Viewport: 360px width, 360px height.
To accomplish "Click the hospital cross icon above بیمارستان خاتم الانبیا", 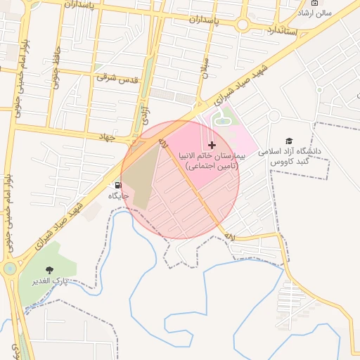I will [212, 145].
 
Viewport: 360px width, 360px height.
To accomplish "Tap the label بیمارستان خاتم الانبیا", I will [212, 161].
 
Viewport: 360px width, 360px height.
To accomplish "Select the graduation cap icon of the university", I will [289, 141].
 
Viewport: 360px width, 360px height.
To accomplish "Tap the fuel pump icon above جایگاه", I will [117, 185].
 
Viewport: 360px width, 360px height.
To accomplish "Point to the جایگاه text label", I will [117, 195].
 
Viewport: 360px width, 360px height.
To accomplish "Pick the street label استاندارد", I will [287, 31].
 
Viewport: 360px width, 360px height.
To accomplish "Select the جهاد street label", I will [107, 136].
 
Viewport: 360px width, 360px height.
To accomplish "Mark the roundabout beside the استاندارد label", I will [243, 25].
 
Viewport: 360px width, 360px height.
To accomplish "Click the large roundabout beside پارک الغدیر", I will [9, 268].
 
